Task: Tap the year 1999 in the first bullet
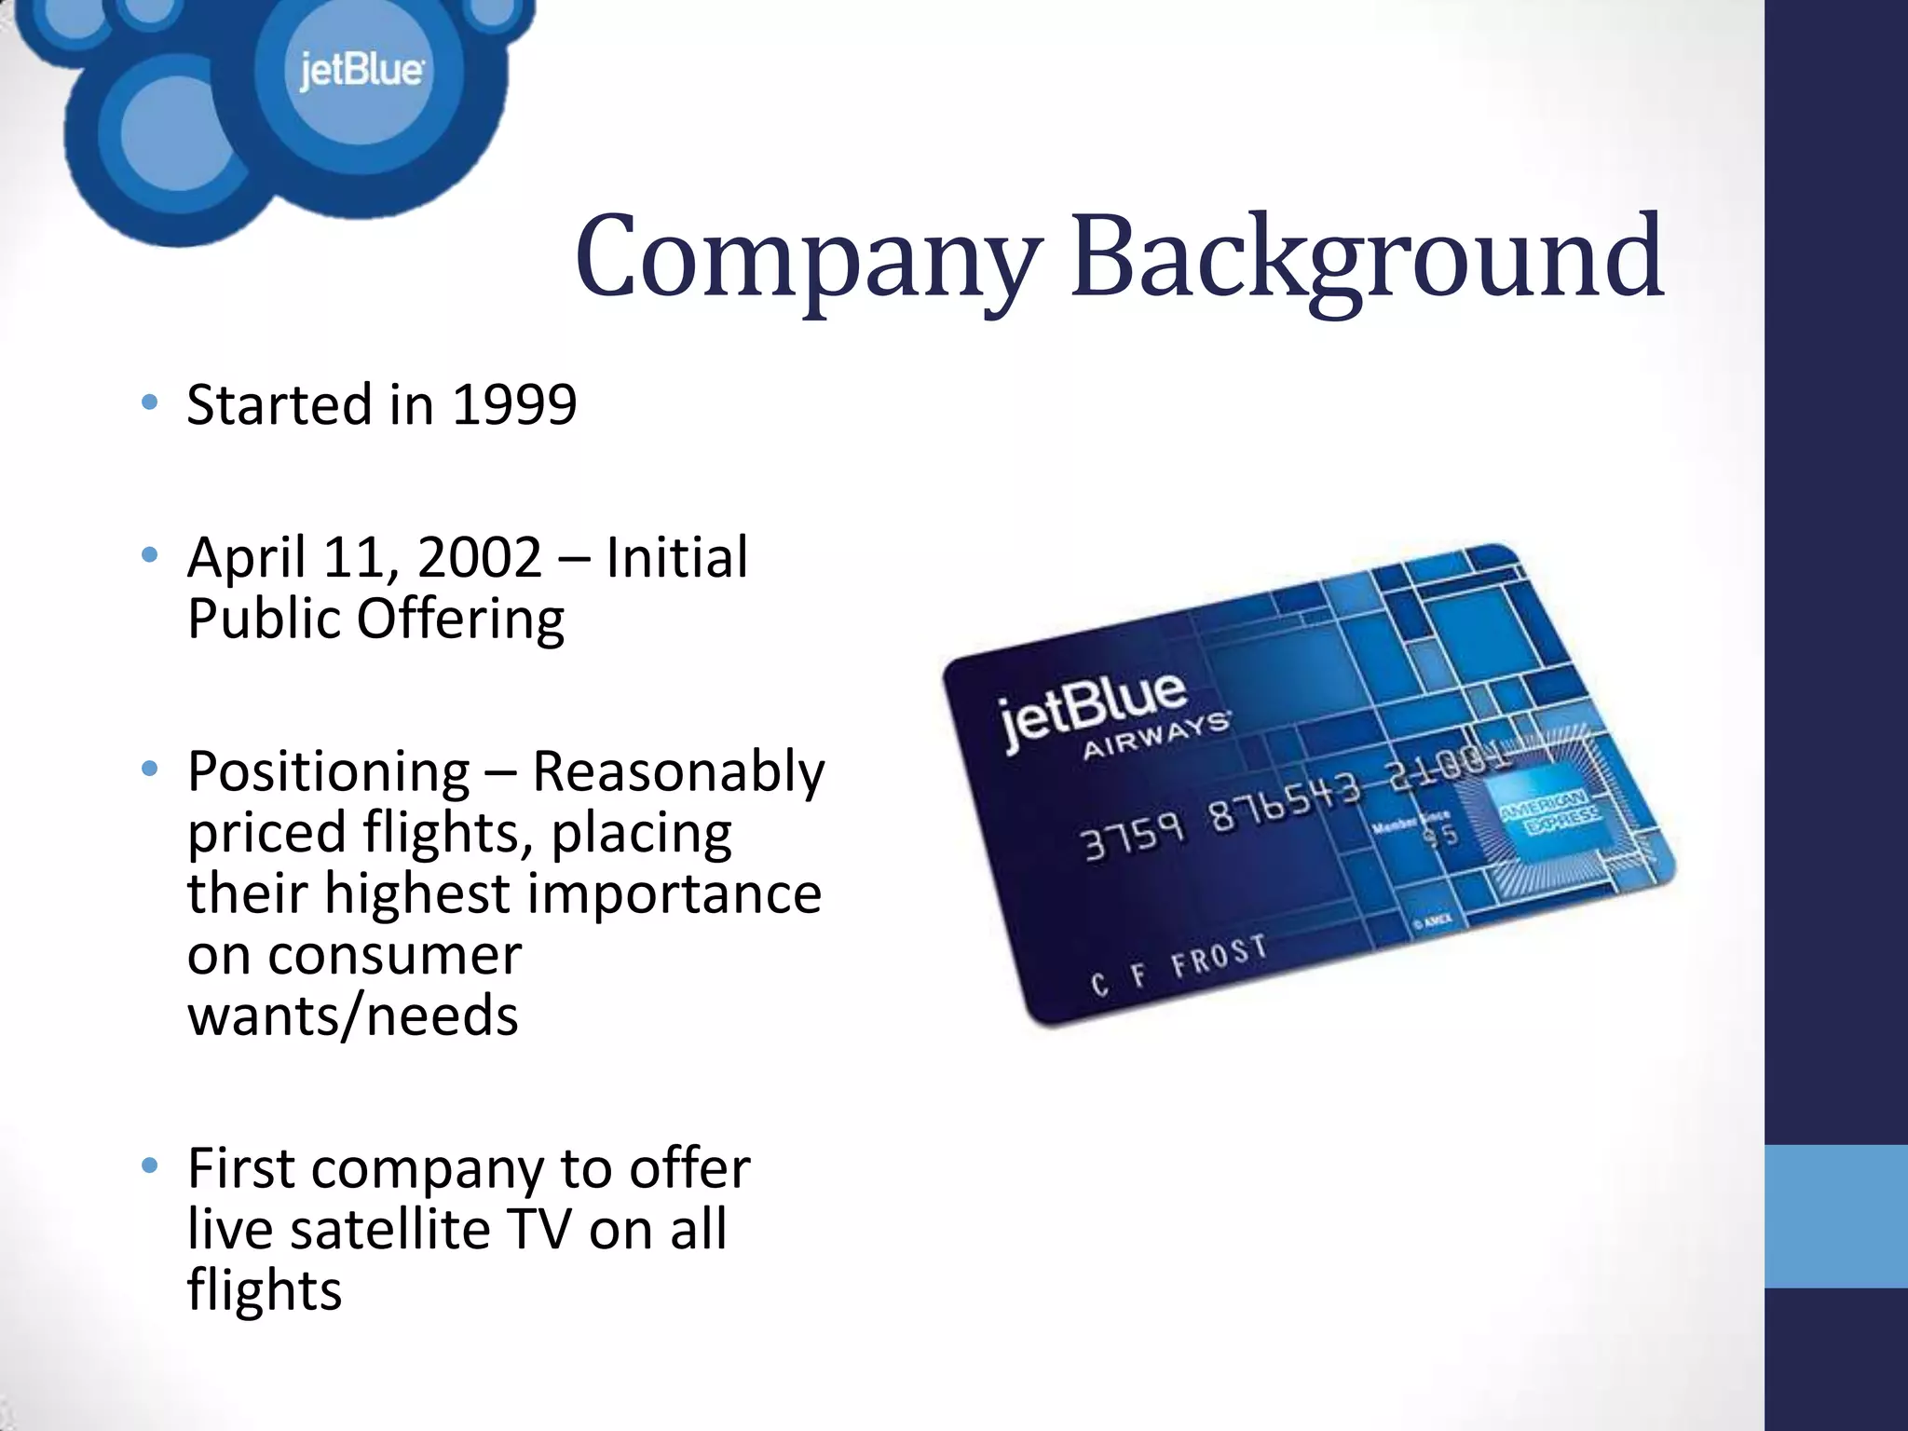(x=514, y=406)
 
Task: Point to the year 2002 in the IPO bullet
(x=479, y=558)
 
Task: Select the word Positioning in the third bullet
(x=328, y=772)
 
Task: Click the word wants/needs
(x=352, y=1015)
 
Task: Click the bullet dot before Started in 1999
(x=149, y=403)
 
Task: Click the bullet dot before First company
(x=149, y=1165)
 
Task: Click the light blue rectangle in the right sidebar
(x=1835, y=1216)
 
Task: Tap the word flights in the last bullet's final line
(x=265, y=1291)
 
